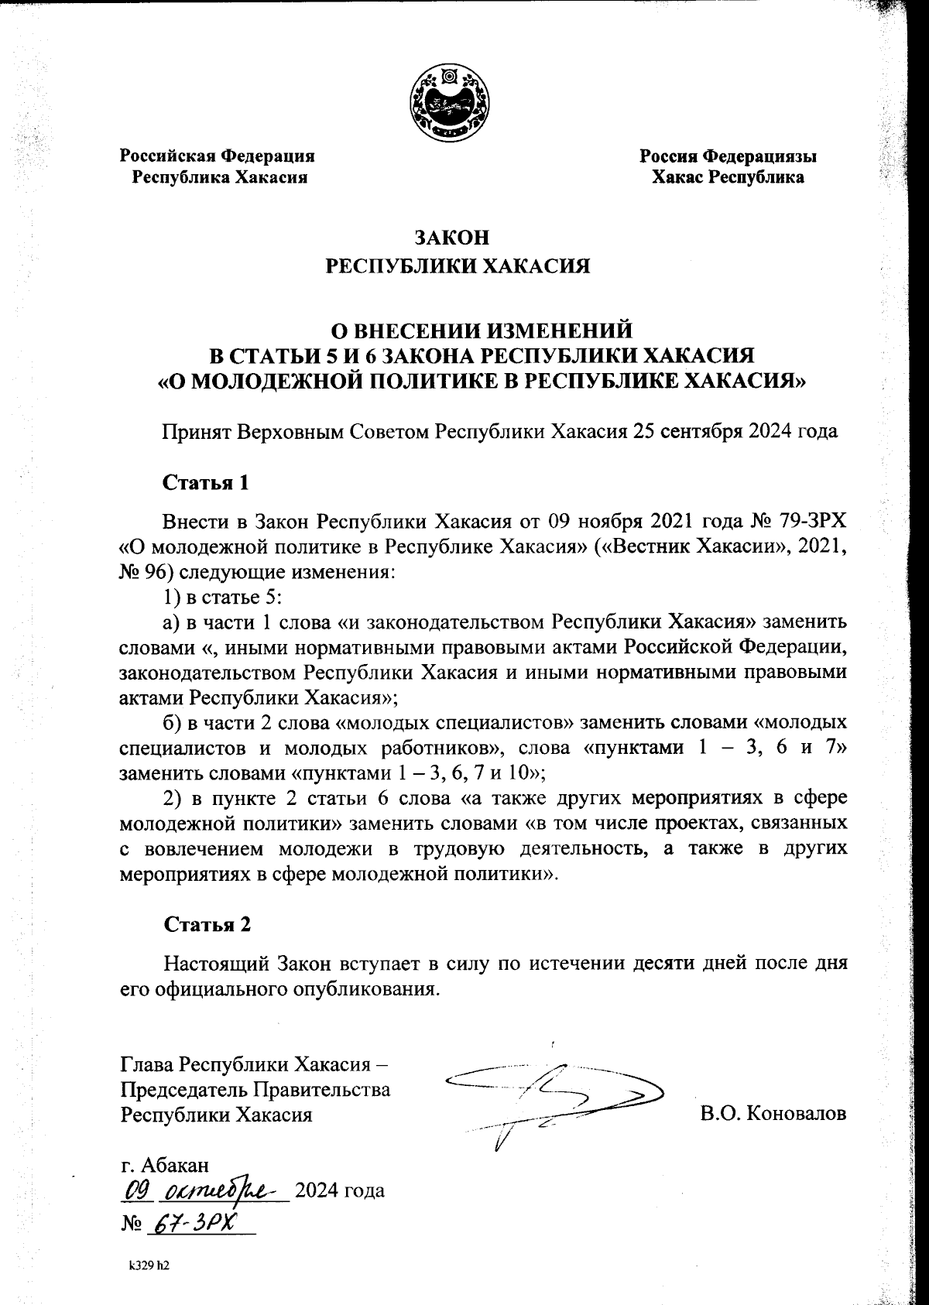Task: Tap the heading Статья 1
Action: point(206,482)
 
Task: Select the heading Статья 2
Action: point(207,923)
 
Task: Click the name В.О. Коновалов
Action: point(773,1114)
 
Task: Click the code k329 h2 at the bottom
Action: point(149,1266)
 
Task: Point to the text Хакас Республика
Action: point(727,177)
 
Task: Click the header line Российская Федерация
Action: point(217,156)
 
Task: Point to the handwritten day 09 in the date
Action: point(135,1188)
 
